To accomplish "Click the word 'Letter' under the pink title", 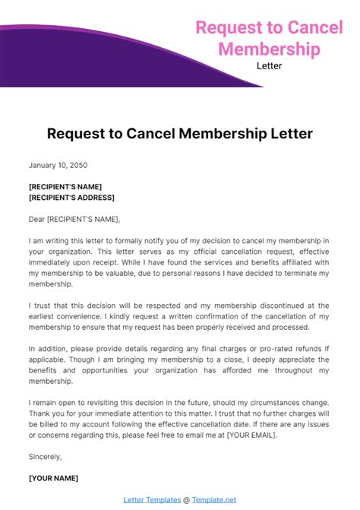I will pyautogui.click(x=270, y=65).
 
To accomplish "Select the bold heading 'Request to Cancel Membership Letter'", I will pyautogui.click(x=179, y=135).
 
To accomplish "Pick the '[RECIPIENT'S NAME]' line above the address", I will pyautogui.click(x=65, y=187).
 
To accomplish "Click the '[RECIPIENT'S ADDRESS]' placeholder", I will pyautogui.click(x=71, y=198).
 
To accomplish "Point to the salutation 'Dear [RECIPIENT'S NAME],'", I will pyautogui.click(x=74, y=219).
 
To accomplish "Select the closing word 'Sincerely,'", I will pyautogui.click(x=45, y=457).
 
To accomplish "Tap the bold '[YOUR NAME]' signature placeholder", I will pyautogui.click(x=53, y=478).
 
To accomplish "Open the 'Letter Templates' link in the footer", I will pyautogui.click(x=151, y=499).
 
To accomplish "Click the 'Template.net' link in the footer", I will pyautogui.click(x=214, y=499).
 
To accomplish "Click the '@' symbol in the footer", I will pyautogui.click(x=185, y=499).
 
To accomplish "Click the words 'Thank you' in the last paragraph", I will pyautogui.click(x=47, y=413).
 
